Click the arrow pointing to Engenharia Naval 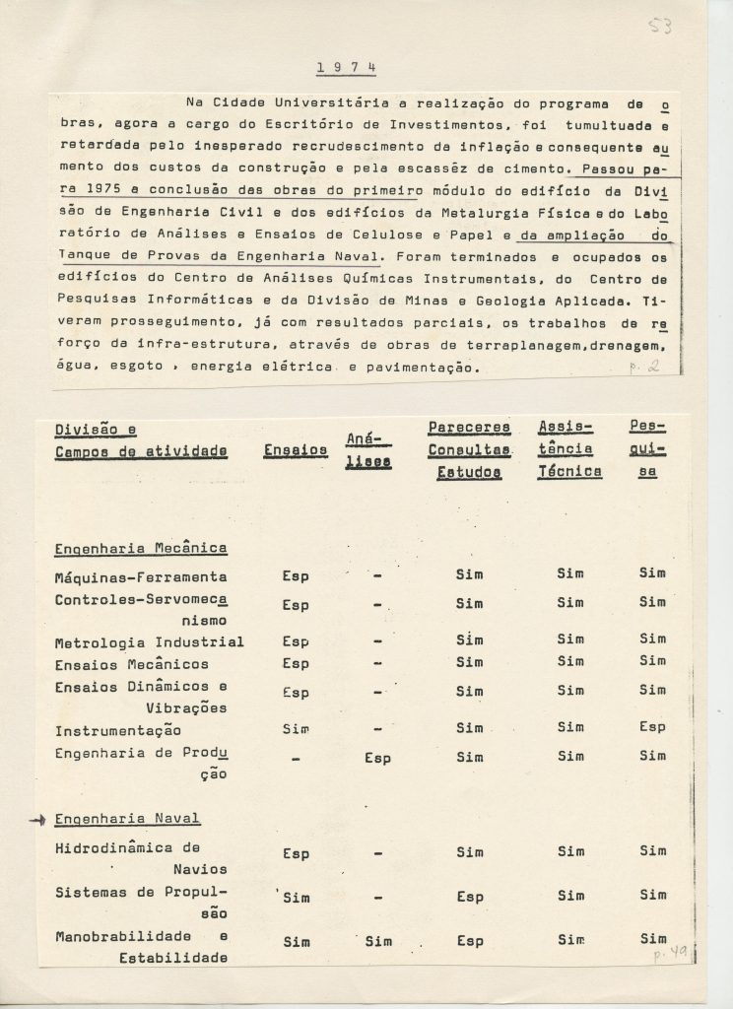[38, 819]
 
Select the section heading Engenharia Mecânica [141, 548]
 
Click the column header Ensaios [296, 450]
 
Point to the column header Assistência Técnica [569, 450]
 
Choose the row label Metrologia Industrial [149, 642]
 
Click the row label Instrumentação [118, 730]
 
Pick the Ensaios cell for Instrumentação [296, 729]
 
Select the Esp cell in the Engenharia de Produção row [378, 758]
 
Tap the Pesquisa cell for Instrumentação [651, 729]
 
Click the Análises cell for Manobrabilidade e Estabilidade [378, 941]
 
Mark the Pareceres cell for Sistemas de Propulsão [470, 898]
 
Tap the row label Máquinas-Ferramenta [141, 576]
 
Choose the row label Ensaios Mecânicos [131, 664]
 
